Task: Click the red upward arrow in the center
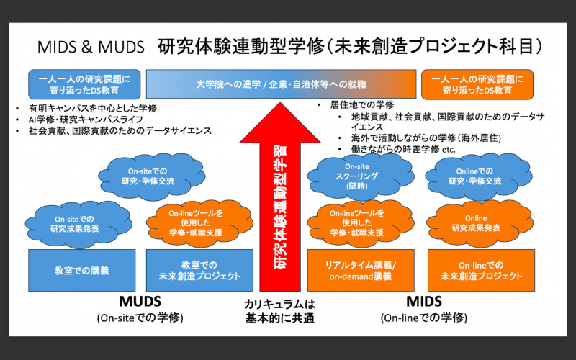tap(281, 194)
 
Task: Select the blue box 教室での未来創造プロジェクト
tap(199, 270)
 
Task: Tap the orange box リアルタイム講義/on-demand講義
tap(362, 270)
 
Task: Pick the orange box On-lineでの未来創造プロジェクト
tap(480, 270)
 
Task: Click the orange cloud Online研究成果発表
tap(475, 222)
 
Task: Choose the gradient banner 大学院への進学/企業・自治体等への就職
tap(281, 84)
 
